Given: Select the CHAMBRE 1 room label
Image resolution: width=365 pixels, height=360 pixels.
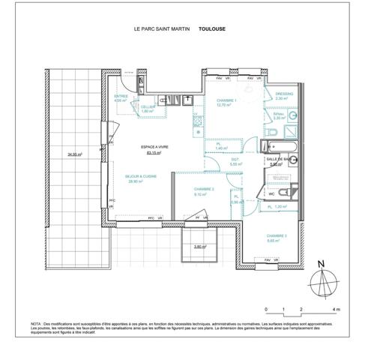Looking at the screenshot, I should (227, 100).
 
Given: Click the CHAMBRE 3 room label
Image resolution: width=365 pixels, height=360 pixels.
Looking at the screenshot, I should (277, 235).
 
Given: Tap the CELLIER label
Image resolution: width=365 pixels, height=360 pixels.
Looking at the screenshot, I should (148, 107).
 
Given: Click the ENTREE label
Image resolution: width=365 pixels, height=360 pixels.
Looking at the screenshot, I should (121, 96).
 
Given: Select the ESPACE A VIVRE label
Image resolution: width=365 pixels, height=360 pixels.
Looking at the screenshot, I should (155, 147).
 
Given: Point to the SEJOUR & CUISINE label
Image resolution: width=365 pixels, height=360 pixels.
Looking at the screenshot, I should (141, 176).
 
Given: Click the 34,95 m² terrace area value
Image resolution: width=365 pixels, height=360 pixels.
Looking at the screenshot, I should (75, 154).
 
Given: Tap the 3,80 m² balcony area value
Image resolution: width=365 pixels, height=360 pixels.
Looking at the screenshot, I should (199, 247).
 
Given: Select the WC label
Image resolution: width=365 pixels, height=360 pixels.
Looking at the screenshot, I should (271, 195).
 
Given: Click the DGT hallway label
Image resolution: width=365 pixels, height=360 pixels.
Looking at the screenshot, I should (235, 159).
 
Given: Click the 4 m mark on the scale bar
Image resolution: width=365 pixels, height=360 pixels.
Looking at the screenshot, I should (337, 309).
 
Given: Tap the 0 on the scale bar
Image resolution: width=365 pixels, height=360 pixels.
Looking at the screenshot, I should (265, 309).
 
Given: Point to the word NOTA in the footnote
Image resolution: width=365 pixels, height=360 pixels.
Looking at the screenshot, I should (37, 323).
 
